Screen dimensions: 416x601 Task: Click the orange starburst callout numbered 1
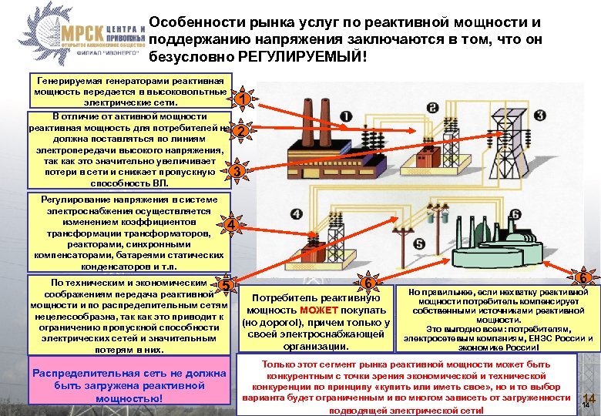241,99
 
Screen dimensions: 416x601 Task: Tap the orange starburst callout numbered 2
241,133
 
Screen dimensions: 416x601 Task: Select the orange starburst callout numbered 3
240,170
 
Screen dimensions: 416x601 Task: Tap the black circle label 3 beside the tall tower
540,116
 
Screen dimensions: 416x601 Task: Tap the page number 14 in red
589,396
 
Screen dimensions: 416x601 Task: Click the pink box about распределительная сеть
129,385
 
